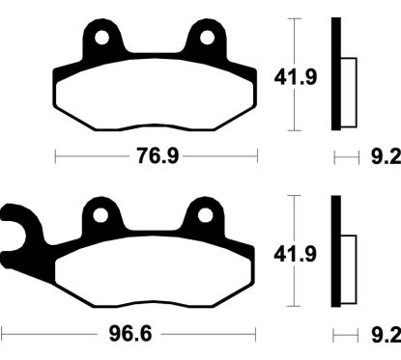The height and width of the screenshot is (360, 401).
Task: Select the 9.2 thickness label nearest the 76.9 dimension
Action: (383, 156)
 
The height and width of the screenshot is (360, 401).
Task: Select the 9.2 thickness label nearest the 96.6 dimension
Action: (383, 337)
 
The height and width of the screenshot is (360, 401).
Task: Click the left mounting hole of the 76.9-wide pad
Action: (102, 39)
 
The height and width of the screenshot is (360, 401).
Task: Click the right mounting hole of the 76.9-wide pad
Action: (207, 39)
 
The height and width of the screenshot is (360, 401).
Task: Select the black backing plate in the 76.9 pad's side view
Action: (336, 75)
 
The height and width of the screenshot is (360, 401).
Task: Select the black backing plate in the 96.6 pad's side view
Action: (336, 253)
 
